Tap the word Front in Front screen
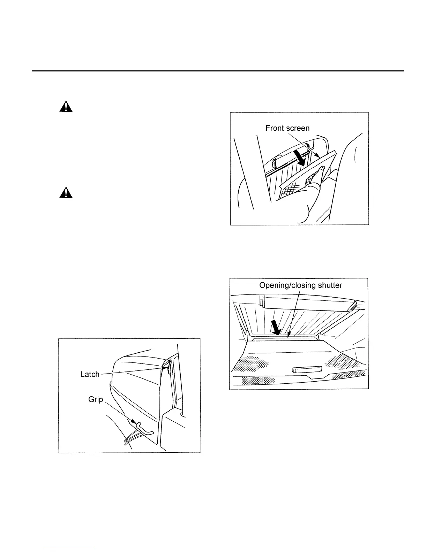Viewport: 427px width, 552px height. [x=275, y=128]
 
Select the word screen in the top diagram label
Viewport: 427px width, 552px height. [x=297, y=128]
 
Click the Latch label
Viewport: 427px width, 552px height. [x=90, y=374]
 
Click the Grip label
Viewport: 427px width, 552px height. [x=95, y=399]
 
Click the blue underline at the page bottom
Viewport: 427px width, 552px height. [x=69, y=549]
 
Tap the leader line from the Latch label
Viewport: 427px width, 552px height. [x=133, y=371]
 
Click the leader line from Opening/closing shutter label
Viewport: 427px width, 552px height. [x=292, y=314]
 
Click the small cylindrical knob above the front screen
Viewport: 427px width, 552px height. [x=276, y=162]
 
